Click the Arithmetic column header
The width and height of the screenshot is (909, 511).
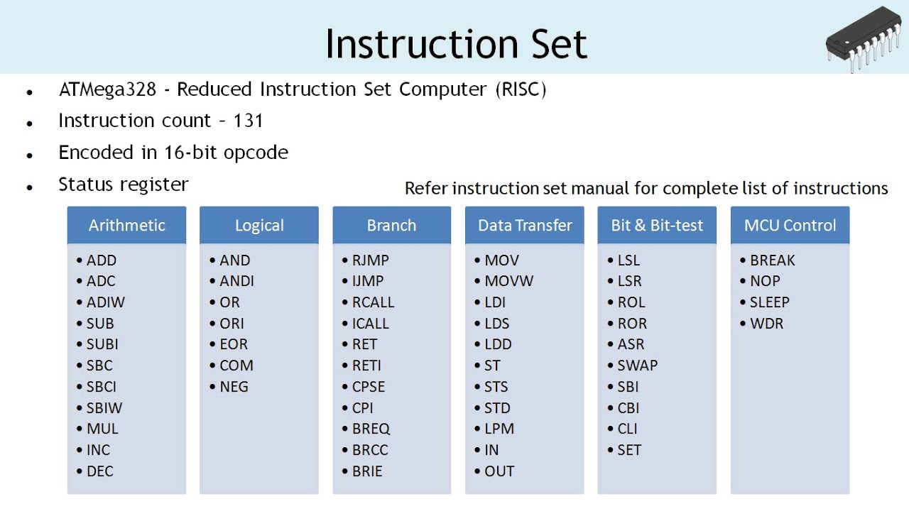[126, 225]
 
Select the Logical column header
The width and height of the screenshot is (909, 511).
[259, 225]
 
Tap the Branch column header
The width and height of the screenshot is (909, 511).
[391, 225]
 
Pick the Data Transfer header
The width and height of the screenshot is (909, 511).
[525, 225]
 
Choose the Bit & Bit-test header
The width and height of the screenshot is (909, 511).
[657, 225]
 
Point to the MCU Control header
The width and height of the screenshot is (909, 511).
[790, 225]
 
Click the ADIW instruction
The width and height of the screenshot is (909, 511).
[105, 302]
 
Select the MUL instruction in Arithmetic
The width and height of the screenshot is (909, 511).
[102, 429]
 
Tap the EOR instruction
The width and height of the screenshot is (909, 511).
[234, 344]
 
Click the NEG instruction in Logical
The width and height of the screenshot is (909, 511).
[234, 387]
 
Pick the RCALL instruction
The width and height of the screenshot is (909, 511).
[373, 302]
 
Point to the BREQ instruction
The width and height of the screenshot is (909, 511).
[371, 429]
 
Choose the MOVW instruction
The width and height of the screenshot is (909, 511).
[508, 281]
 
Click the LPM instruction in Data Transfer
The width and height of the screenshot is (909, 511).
[499, 429]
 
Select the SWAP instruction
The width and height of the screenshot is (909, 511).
[637, 366]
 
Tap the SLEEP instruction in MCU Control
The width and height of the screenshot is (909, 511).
[769, 302]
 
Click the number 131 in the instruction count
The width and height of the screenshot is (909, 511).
[248, 121]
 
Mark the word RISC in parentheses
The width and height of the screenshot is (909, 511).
[521, 89]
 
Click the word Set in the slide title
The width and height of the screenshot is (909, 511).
[559, 44]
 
